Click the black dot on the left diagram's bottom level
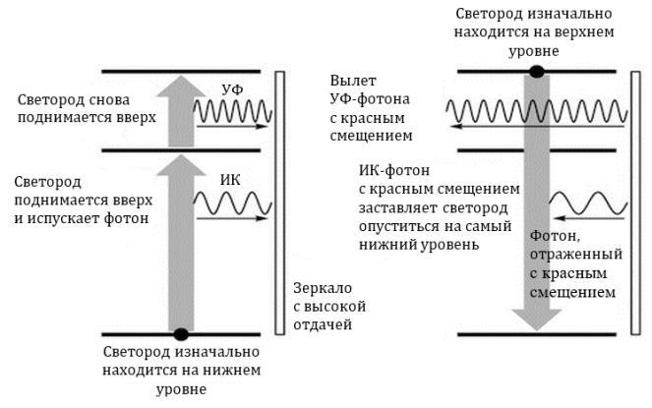[x=181, y=333]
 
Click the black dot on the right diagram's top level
[x=536, y=71]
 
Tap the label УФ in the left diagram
[x=232, y=90]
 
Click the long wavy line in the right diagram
[x=537, y=110]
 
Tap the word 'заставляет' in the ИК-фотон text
[x=395, y=209]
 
